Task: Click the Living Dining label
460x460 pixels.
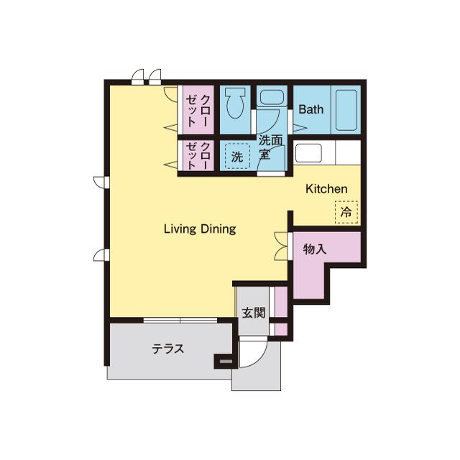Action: click(200, 229)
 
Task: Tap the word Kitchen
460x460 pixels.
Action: click(326, 189)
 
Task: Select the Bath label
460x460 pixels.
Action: click(311, 109)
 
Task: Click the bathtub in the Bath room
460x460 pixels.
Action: click(346, 110)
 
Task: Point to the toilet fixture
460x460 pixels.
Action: click(235, 103)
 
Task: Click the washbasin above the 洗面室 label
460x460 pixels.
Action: click(270, 97)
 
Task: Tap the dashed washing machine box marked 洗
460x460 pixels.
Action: click(237, 156)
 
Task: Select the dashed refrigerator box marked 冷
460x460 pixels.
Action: click(346, 212)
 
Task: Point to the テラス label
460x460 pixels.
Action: click(168, 349)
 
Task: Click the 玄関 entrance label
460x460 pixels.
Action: click(254, 313)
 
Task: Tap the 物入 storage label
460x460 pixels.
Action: click(315, 249)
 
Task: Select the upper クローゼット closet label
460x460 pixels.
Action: click(198, 111)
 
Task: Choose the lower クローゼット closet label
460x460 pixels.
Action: click(198, 155)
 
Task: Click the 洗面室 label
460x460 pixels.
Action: click(270, 147)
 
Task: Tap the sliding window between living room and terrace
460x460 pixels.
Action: click(180, 320)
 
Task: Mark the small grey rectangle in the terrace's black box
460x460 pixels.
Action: click(226, 361)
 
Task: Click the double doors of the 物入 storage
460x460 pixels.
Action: click(282, 246)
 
